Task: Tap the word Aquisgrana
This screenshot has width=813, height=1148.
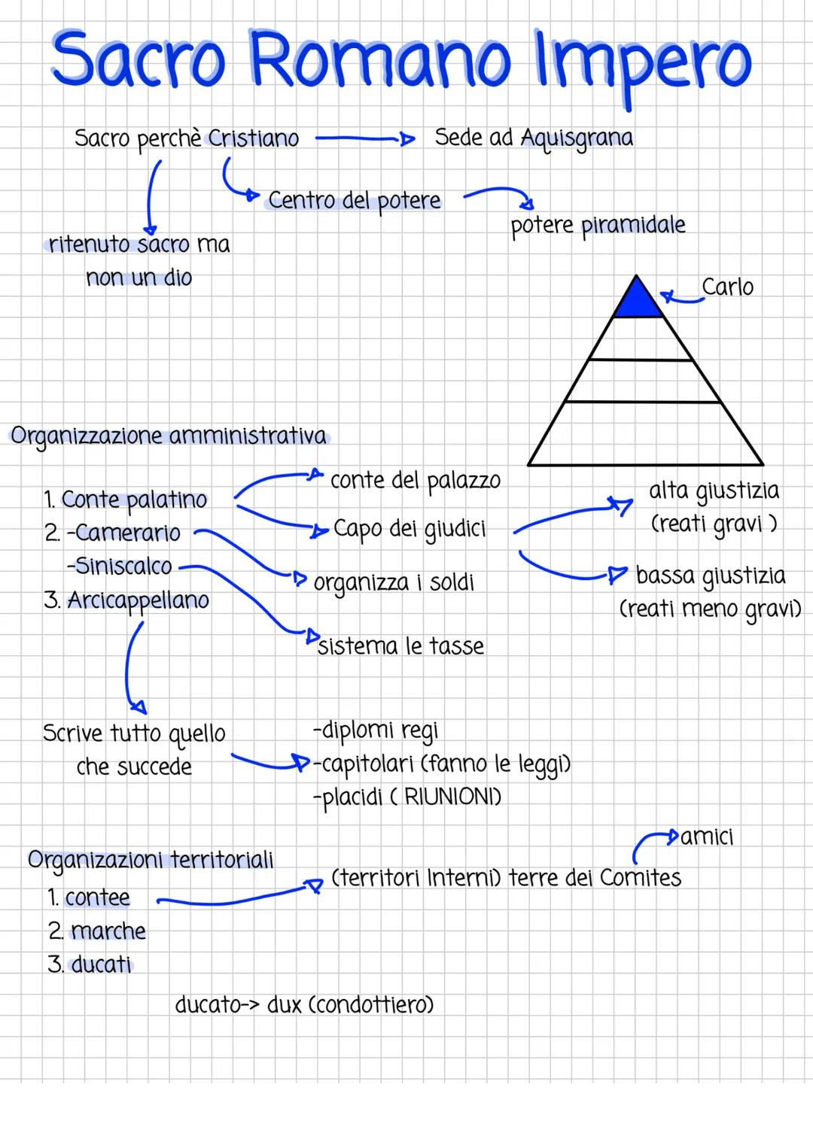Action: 577,138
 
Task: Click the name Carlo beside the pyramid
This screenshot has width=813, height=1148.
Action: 727,287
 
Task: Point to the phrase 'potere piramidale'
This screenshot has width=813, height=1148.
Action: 598,226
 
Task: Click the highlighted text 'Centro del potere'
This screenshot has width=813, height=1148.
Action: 354,201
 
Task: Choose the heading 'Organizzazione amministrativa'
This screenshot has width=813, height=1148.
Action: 169,436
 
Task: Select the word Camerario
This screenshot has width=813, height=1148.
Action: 127,533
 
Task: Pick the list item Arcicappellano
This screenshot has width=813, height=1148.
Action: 138,600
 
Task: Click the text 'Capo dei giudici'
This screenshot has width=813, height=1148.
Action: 410,529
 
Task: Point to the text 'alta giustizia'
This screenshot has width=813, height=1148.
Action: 714,490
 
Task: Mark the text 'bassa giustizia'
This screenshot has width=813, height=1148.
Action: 710,576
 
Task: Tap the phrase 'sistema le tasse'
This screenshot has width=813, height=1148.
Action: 400,646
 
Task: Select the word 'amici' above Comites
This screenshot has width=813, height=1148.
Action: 707,837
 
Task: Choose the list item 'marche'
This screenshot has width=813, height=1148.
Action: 108,931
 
